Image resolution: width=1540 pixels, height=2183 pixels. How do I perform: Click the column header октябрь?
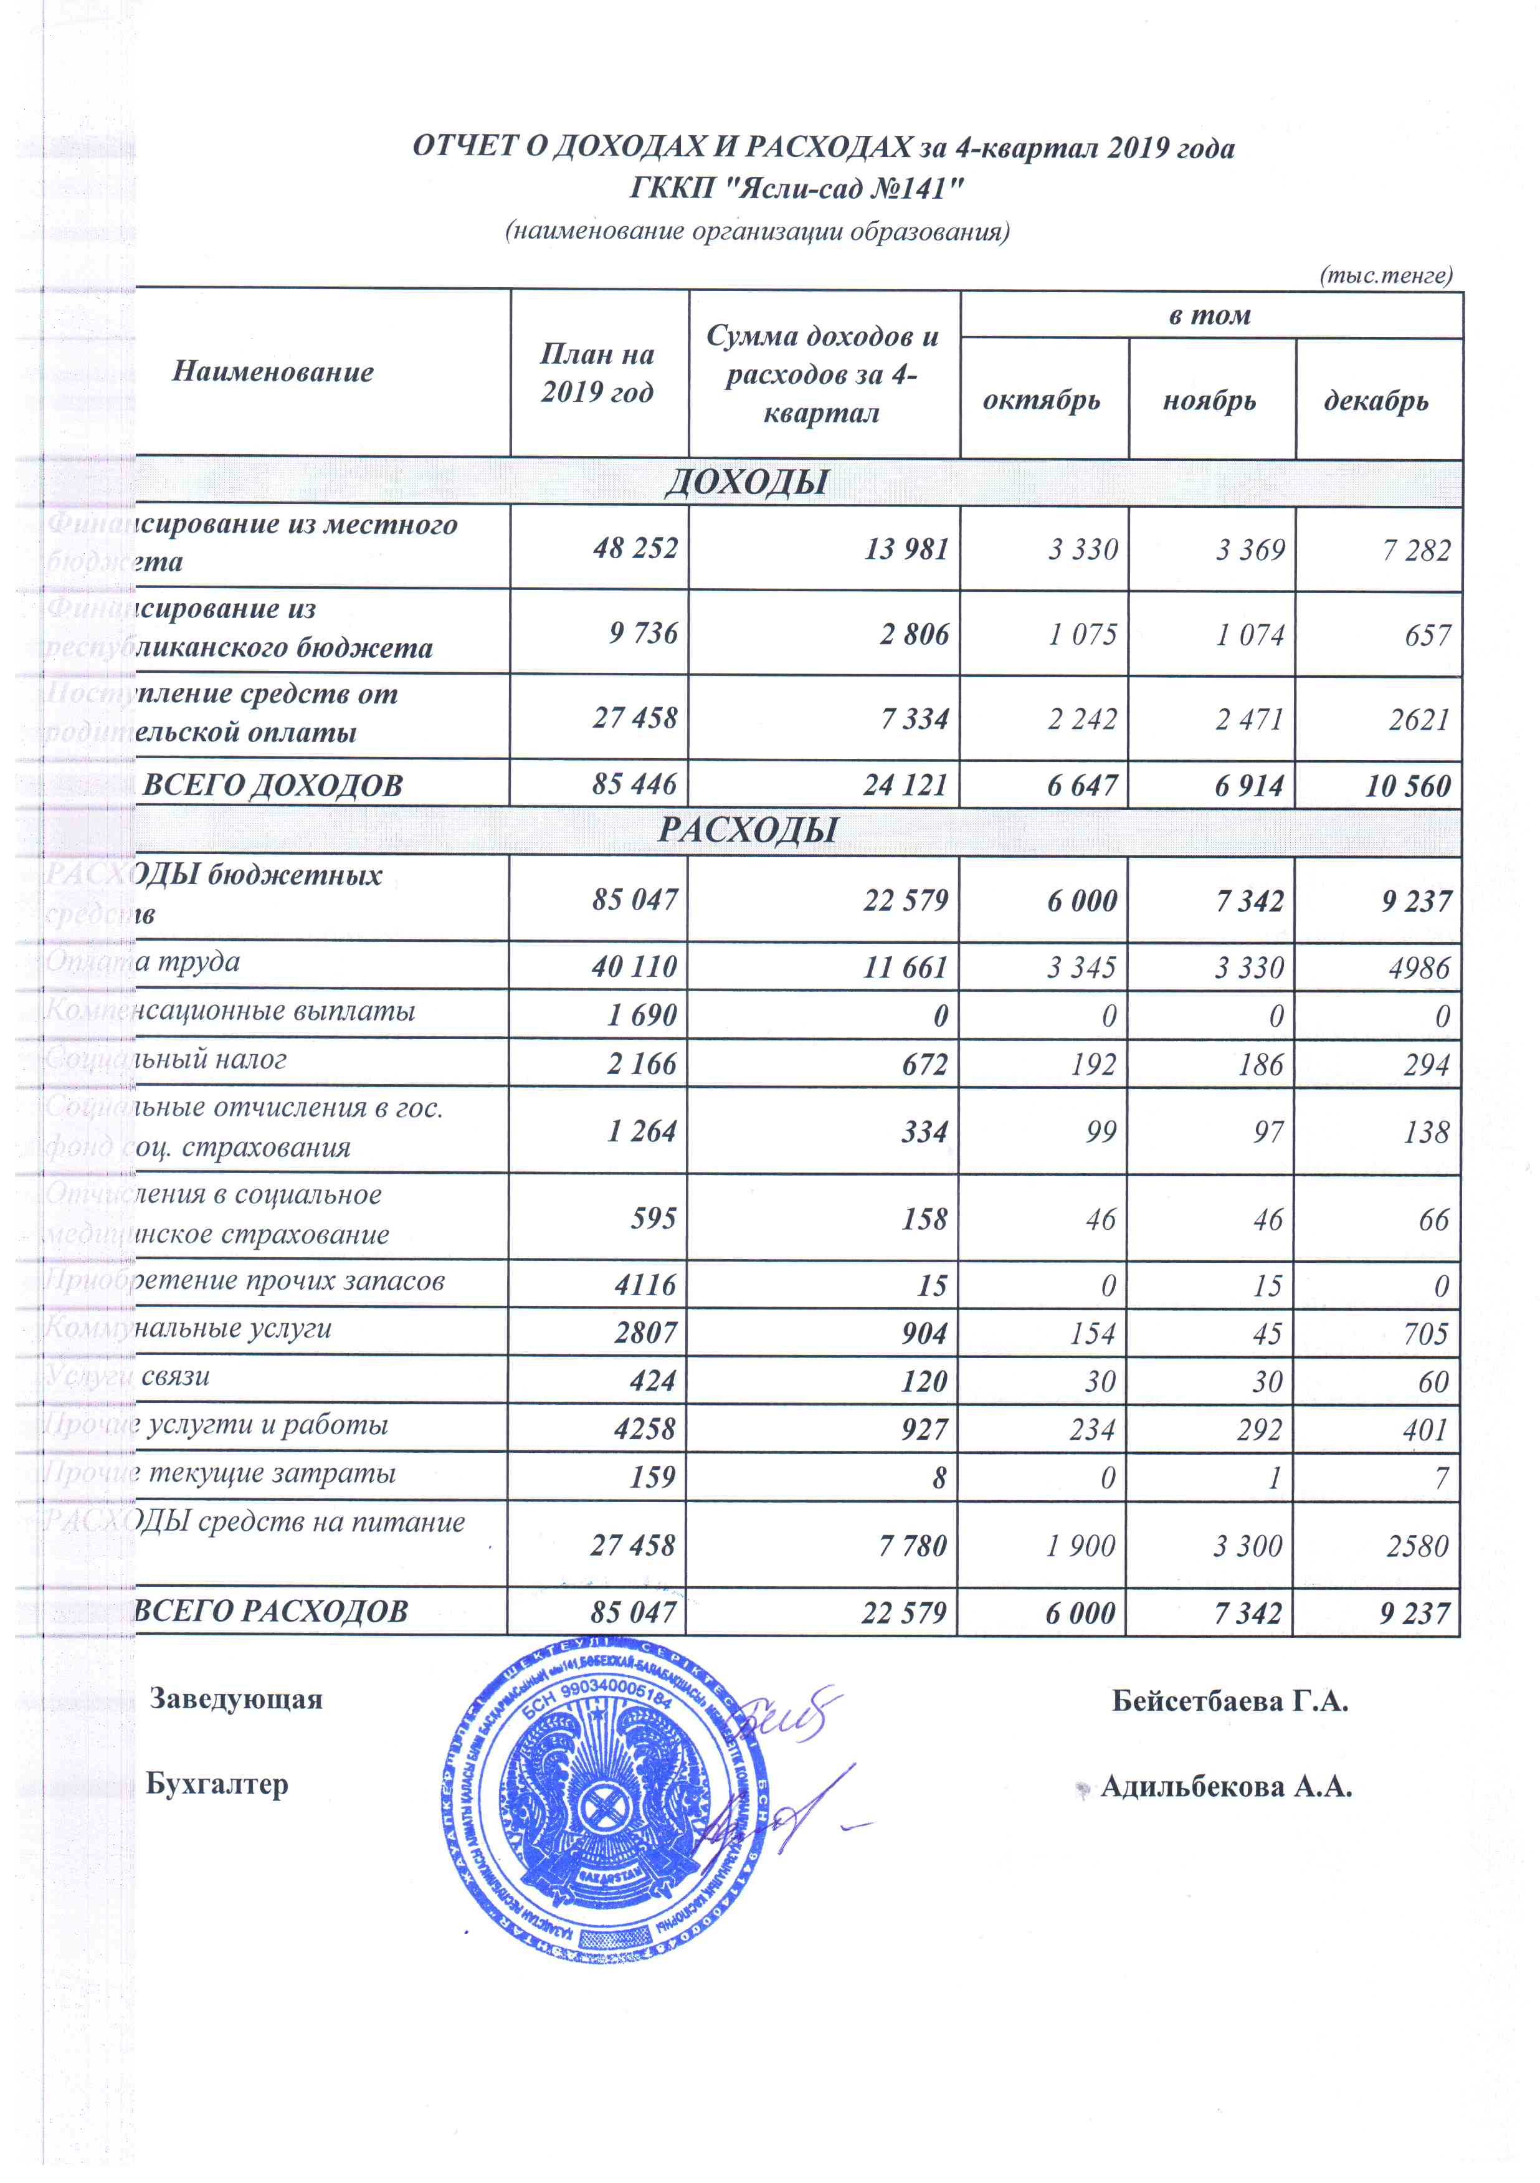tap(1042, 401)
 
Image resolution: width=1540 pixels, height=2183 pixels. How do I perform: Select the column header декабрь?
tap(1377, 401)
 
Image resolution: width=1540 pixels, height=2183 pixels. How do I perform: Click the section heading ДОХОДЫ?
tap(747, 482)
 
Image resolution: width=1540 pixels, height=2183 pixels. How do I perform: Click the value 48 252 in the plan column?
tap(635, 549)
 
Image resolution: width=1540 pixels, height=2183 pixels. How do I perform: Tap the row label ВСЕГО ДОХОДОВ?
tap(273, 786)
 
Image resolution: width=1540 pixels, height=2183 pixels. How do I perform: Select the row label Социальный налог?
tap(166, 1059)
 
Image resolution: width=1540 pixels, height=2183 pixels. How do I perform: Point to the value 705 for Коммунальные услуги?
tap(1425, 1334)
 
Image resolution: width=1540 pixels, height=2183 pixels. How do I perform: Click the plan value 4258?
tap(645, 1429)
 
